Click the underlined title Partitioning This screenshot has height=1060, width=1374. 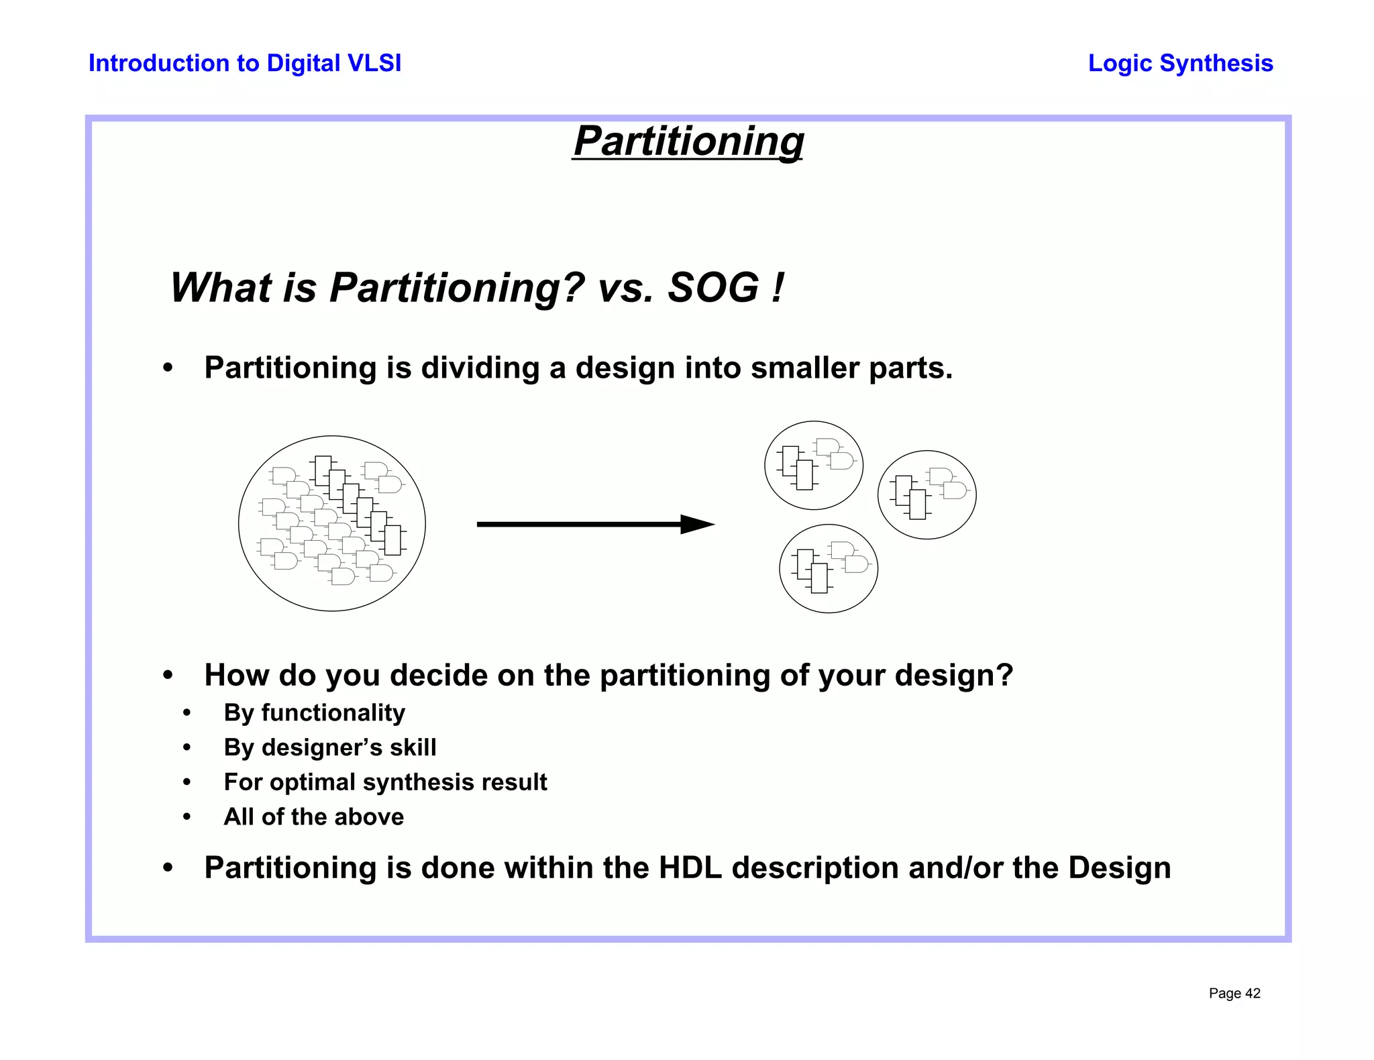688,142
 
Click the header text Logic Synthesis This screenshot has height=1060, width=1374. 1180,63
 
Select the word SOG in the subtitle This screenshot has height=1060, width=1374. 712,288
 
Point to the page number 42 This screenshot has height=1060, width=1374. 1253,994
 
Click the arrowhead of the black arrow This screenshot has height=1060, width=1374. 698,525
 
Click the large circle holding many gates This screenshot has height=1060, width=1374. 332,523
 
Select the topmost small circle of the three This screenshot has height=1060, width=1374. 814,465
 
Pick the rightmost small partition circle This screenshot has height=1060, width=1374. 927,494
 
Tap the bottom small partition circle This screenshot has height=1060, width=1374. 829,568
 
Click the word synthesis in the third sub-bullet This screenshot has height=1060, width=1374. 409,782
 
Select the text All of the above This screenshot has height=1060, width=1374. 314,817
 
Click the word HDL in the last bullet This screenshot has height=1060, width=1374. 690,867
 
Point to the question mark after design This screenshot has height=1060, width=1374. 1004,675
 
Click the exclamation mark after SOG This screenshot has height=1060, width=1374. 778,288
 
